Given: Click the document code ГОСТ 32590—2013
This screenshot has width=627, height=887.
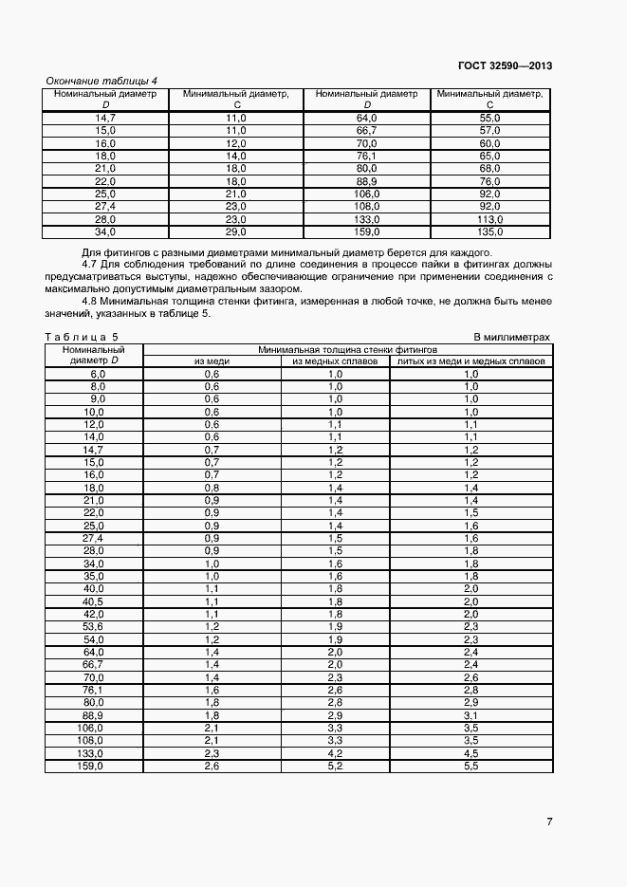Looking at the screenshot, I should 503,65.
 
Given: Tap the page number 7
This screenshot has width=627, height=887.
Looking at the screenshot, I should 549,822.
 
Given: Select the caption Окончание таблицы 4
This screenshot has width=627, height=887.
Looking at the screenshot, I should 101,81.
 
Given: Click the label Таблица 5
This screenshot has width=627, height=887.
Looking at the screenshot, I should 82,337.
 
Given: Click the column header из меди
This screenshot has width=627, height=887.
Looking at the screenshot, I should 212,361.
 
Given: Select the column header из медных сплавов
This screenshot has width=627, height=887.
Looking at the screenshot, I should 335,361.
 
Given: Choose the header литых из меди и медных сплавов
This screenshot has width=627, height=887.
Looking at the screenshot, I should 471,361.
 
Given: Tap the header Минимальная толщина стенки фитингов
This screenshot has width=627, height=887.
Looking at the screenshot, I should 346,349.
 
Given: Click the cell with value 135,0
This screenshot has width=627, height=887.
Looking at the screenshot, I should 489,231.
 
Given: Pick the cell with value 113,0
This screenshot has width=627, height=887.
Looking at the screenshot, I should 489,218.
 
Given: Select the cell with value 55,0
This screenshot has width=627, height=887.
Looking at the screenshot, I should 489,117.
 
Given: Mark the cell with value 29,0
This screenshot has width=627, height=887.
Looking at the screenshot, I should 235,231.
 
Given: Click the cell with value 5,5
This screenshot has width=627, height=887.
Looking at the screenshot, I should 471,766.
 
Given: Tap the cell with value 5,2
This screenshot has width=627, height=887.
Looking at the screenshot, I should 335,766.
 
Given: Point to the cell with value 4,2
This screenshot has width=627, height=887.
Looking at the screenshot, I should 335,753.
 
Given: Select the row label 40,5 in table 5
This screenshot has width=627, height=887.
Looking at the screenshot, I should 93,601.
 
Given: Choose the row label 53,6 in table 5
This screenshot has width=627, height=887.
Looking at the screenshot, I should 93,627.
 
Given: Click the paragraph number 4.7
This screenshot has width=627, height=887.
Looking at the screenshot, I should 91,265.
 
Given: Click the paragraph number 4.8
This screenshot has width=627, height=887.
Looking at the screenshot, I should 91,302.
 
